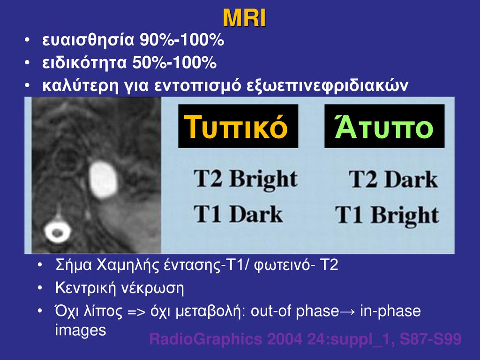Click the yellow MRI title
pyautogui.click(x=244, y=18)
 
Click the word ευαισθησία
pyautogui.click(x=88, y=40)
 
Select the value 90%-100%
pyautogui.click(x=182, y=40)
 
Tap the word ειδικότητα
pyautogui.click(x=84, y=63)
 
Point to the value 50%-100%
pyautogui.click(x=174, y=63)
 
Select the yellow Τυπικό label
pyautogui.click(x=236, y=127)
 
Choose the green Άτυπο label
pyautogui.click(x=384, y=126)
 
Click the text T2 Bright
pyautogui.click(x=246, y=179)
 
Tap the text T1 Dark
pyautogui.click(x=238, y=214)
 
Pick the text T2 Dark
pyautogui.click(x=393, y=179)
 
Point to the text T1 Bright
pyautogui.click(x=387, y=215)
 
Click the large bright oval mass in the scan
pyautogui.click(x=103, y=180)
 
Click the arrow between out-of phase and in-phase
pyautogui.click(x=350, y=312)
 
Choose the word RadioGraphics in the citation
pyautogui.click(x=206, y=339)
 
